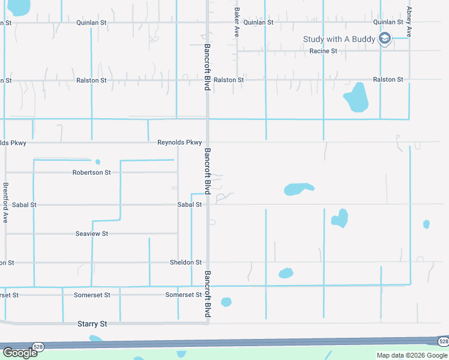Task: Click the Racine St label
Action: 323,51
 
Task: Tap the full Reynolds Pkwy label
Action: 179,143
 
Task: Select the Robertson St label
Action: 91,172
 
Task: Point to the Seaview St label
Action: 91,233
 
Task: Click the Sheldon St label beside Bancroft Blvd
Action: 185,262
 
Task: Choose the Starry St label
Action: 92,324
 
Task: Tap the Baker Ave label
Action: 237,23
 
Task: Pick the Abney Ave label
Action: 409,22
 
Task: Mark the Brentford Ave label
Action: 5,203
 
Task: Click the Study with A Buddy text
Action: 339,40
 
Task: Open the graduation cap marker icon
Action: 385,40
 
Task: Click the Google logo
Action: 19,353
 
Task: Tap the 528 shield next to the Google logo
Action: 38,347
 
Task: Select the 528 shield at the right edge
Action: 442,341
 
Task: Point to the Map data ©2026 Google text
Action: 412,356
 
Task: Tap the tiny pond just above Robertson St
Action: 97,161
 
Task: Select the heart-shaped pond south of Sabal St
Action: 340,218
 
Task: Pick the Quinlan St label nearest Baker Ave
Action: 259,22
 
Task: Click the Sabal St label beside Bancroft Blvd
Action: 189,205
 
